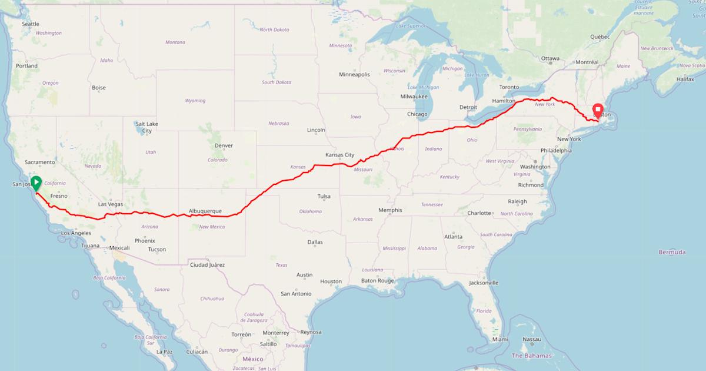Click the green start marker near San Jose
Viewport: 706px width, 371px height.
pyautogui.click(x=36, y=183)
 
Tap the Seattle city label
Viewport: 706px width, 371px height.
pyautogui.click(x=30, y=24)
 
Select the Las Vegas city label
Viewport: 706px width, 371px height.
pyautogui.click(x=110, y=204)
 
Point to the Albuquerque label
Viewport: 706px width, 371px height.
pyautogui.click(x=205, y=211)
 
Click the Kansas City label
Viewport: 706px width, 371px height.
pyautogui.click(x=339, y=155)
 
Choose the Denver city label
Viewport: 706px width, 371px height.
pyautogui.click(x=224, y=145)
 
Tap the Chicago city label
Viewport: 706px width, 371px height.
pyautogui.click(x=417, y=114)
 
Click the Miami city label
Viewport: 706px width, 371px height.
pyautogui.click(x=500, y=339)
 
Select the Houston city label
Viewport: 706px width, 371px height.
pyautogui.click(x=331, y=281)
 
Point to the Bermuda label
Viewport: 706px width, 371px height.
pyautogui.click(x=672, y=252)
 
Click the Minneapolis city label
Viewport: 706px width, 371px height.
pyautogui.click(x=354, y=75)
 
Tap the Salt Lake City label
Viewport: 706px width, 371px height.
pyautogui.click(x=146, y=127)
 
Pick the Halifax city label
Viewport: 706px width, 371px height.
pyautogui.click(x=685, y=79)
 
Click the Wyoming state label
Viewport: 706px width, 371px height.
pyautogui.click(x=195, y=101)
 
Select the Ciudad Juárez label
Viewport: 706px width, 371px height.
pyautogui.click(x=207, y=265)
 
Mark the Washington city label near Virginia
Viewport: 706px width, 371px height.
pyautogui.click(x=535, y=167)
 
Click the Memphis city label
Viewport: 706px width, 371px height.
pyautogui.click(x=390, y=210)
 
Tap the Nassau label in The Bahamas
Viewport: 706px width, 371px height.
pyautogui.click(x=531, y=339)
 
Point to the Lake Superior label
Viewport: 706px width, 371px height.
pyautogui.click(x=411, y=26)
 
